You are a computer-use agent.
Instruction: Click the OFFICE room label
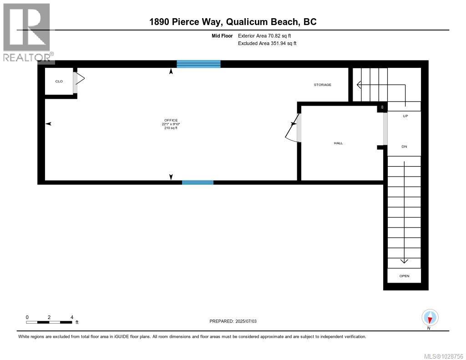171,120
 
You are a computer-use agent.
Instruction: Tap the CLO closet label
59,81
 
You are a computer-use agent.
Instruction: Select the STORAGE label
322,85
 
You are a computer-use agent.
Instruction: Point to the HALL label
338,143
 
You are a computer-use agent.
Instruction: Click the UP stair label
405,116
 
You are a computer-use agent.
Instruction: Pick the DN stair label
404,147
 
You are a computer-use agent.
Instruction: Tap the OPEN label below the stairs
404,276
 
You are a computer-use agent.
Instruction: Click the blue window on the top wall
198,64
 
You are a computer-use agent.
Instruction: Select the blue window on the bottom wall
198,183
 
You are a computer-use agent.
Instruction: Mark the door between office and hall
293,129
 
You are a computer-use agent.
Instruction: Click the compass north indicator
430,318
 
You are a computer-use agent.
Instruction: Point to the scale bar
49,322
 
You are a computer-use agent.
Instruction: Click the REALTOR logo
27,32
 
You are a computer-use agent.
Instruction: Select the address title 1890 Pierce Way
233,21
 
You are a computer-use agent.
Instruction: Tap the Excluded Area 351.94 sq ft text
267,44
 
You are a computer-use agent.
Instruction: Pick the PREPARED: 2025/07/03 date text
233,321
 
